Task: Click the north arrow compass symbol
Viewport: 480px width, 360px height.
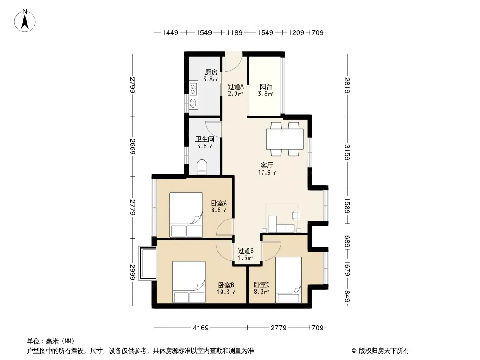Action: (x=25, y=20)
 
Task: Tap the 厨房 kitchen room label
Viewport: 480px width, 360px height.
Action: (x=211, y=72)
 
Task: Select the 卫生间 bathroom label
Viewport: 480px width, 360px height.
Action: (x=205, y=139)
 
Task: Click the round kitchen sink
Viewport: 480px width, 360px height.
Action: (x=193, y=103)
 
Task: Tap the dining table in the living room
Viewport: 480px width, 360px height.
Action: (x=285, y=139)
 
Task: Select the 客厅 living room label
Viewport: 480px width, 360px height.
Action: (x=267, y=166)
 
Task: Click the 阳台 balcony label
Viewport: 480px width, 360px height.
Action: (x=266, y=87)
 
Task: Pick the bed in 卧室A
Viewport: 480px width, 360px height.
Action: (x=186, y=214)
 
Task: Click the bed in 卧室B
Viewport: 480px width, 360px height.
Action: (x=189, y=282)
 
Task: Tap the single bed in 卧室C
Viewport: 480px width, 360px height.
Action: (x=288, y=280)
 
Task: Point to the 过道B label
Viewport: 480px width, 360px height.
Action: (x=245, y=251)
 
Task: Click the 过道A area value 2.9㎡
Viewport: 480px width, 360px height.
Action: (x=235, y=94)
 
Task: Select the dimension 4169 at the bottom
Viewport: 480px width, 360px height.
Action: (x=200, y=328)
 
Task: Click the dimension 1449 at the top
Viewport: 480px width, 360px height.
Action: (x=170, y=32)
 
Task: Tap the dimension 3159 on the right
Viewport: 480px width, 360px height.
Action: (x=347, y=152)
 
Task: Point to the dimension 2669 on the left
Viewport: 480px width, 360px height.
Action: (x=132, y=147)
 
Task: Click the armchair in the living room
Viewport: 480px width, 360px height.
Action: (x=296, y=216)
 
